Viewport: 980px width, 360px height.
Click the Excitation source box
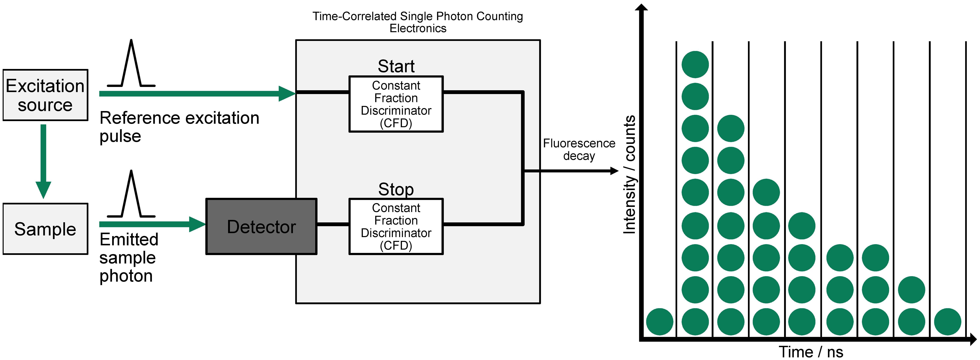(45, 95)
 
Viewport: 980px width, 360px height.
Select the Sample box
(45, 229)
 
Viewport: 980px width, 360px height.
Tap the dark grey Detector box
(261, 226)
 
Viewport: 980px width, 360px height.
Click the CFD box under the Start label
(396, 104)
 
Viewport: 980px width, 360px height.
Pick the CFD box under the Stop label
(396, 226)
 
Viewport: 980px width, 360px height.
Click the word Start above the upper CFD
(396, 66)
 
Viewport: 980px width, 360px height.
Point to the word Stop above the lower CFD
(396, 189)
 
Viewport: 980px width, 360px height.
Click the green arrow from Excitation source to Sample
(43, 160)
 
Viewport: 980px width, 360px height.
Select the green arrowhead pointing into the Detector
(197, 224)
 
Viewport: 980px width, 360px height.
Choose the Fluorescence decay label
(579, 149)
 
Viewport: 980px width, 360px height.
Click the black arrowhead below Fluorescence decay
(614, 171)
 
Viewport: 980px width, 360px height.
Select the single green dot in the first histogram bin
(660, 322)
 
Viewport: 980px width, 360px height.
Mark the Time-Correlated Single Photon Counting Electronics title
(418, 22)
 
